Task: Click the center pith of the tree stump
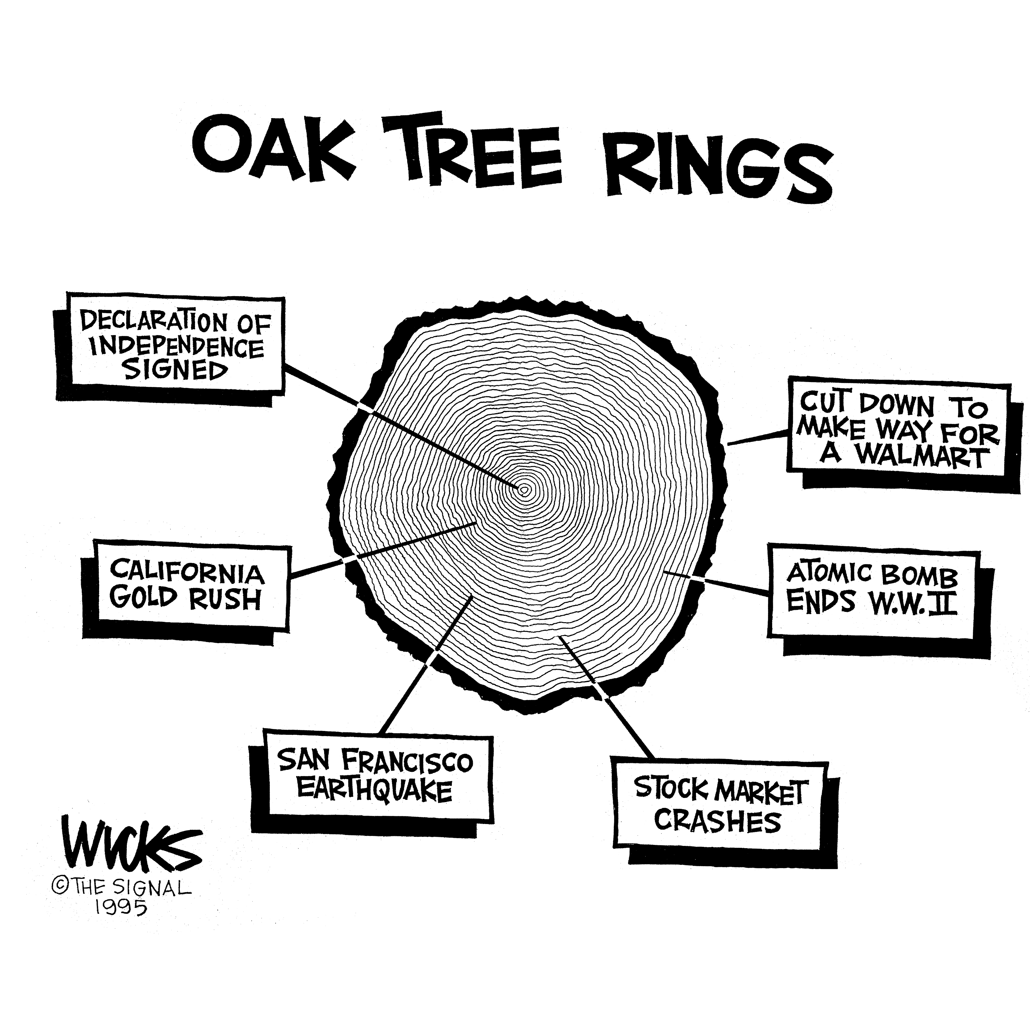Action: (524, 489)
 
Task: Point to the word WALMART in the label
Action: (922, 456)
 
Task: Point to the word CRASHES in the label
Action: (717, 821)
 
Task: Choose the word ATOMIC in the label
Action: (829, 573)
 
